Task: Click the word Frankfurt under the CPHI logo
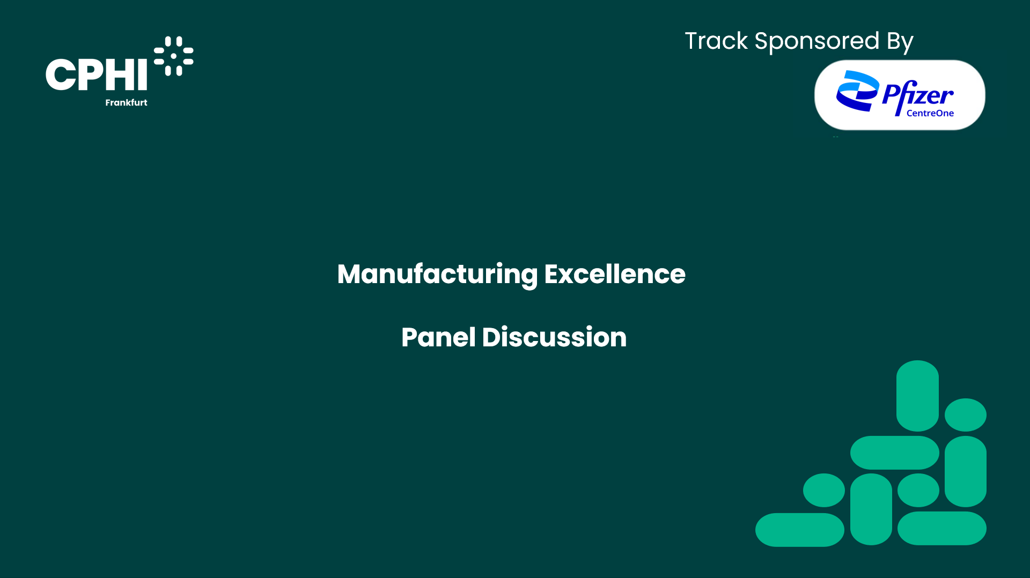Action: pyautogui.click(x=126, y=102)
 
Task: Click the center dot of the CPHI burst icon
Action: pyautogui.click(x=173, y=56)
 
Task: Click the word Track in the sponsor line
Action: pyautogui.click(x=716, y=41)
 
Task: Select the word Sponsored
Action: pyautogui.click(x=817, y=42)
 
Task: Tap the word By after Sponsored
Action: pyautogui.click(x=900, y=42)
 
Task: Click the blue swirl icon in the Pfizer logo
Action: pyautogui.click(x=857, y=91)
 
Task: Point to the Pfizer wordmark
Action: pyautogui.click(x=918, y=95)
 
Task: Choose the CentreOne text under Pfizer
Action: pyautogui.click(x=930, y=113)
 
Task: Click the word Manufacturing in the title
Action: pyautogui.click(x=437, y=275)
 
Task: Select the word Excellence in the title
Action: pyautogui.click(x=615, y=274)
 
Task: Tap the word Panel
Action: pyautogui.click(x=438, y=337)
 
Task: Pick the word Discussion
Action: pyautogui.click(x=554, y=337)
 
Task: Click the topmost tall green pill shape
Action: pyautogui.click(x=917, y=396)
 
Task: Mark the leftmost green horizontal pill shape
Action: pyautogui.click(x=800, y=530)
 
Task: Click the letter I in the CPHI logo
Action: pyautogui.click(x=142, y=75)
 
